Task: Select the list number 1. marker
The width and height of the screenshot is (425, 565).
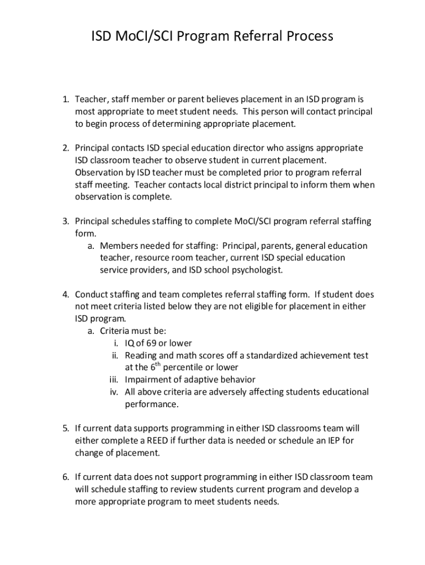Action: point(65,100)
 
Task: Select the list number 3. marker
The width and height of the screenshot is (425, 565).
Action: point(65,221)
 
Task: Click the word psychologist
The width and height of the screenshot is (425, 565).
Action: point(253,270)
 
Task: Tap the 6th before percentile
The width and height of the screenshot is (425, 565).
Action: point(142,367)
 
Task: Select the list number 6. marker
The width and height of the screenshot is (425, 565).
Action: point(65,477)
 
